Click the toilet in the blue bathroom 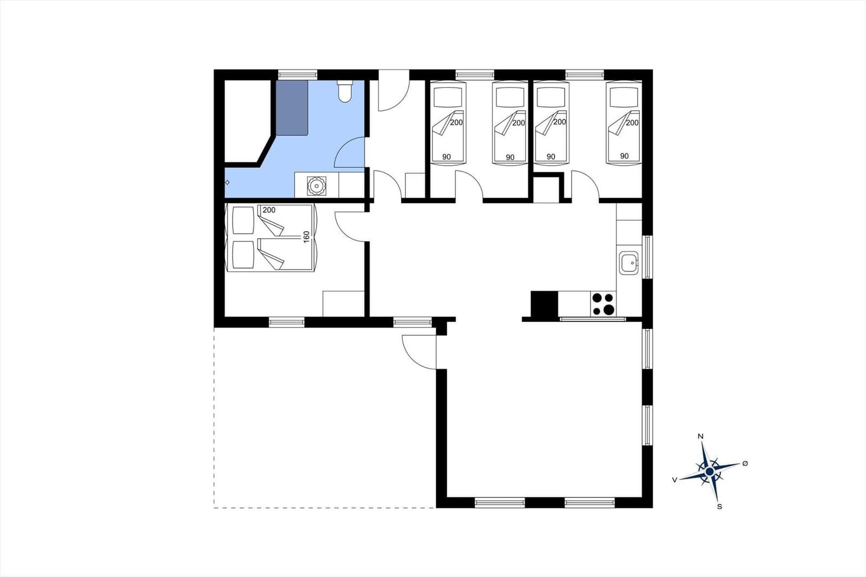345,91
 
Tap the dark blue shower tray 292,108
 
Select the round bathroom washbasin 317,186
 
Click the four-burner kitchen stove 603,304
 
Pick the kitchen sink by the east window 628,263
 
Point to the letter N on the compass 700,437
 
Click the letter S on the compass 719,507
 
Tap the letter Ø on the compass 745,463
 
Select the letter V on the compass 674,480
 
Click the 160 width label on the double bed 306,237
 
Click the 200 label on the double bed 269,210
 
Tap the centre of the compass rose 710,471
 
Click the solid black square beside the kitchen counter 544,304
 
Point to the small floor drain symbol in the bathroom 227,182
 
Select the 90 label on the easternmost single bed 625,156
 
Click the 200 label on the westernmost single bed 457,122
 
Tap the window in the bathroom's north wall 298,75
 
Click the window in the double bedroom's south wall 286,322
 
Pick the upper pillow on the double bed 243,220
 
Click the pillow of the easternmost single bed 624,97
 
